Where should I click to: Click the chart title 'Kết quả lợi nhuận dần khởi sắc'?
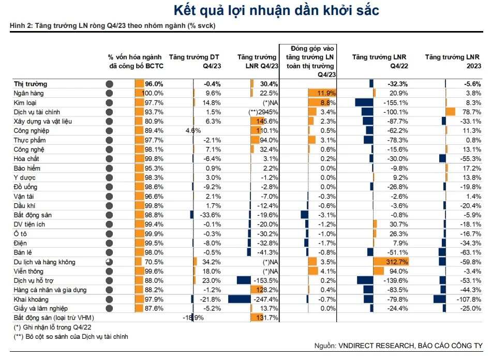point(276,10)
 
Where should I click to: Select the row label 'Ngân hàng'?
point(29,93)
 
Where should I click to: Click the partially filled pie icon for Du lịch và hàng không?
point(109,262)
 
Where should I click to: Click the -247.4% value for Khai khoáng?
point(267,299)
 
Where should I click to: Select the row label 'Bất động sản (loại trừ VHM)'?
point(54,318)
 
